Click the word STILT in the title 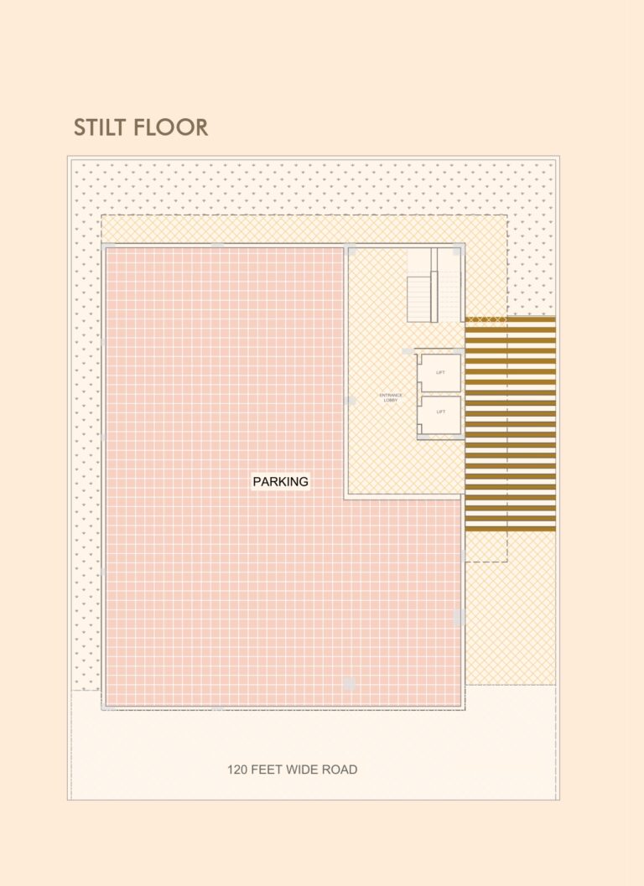(101, 127)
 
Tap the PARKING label (281, 482)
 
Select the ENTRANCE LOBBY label (391, 398)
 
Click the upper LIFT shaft (441, 373)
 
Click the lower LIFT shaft (441, 415)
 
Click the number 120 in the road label (238, 769)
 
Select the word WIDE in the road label (302, 769)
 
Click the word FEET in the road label (268, 769)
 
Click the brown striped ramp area (510, 423)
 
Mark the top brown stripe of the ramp (510, 319)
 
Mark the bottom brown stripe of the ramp (510, 528)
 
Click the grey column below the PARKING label (350, 684)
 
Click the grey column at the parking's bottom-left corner (107, 707)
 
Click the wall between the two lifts (439, 394)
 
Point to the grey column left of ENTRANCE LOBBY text (350, 401)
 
